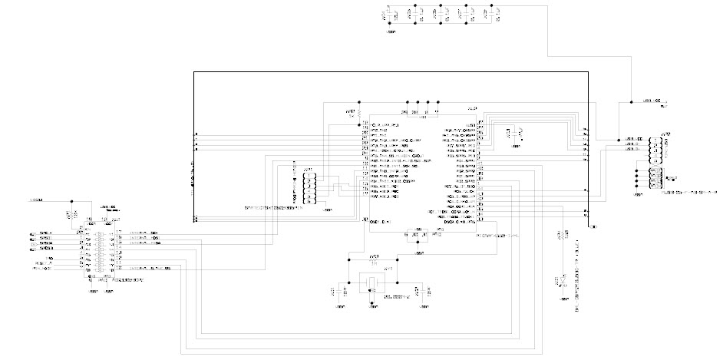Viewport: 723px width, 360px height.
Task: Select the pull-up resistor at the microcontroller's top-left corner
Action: pos(357,111)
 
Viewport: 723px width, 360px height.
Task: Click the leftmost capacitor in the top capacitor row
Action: pos(388,14)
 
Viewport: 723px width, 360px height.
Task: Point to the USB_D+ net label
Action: pos(633,144)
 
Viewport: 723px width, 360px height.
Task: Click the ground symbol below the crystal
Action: pos(372,302)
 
